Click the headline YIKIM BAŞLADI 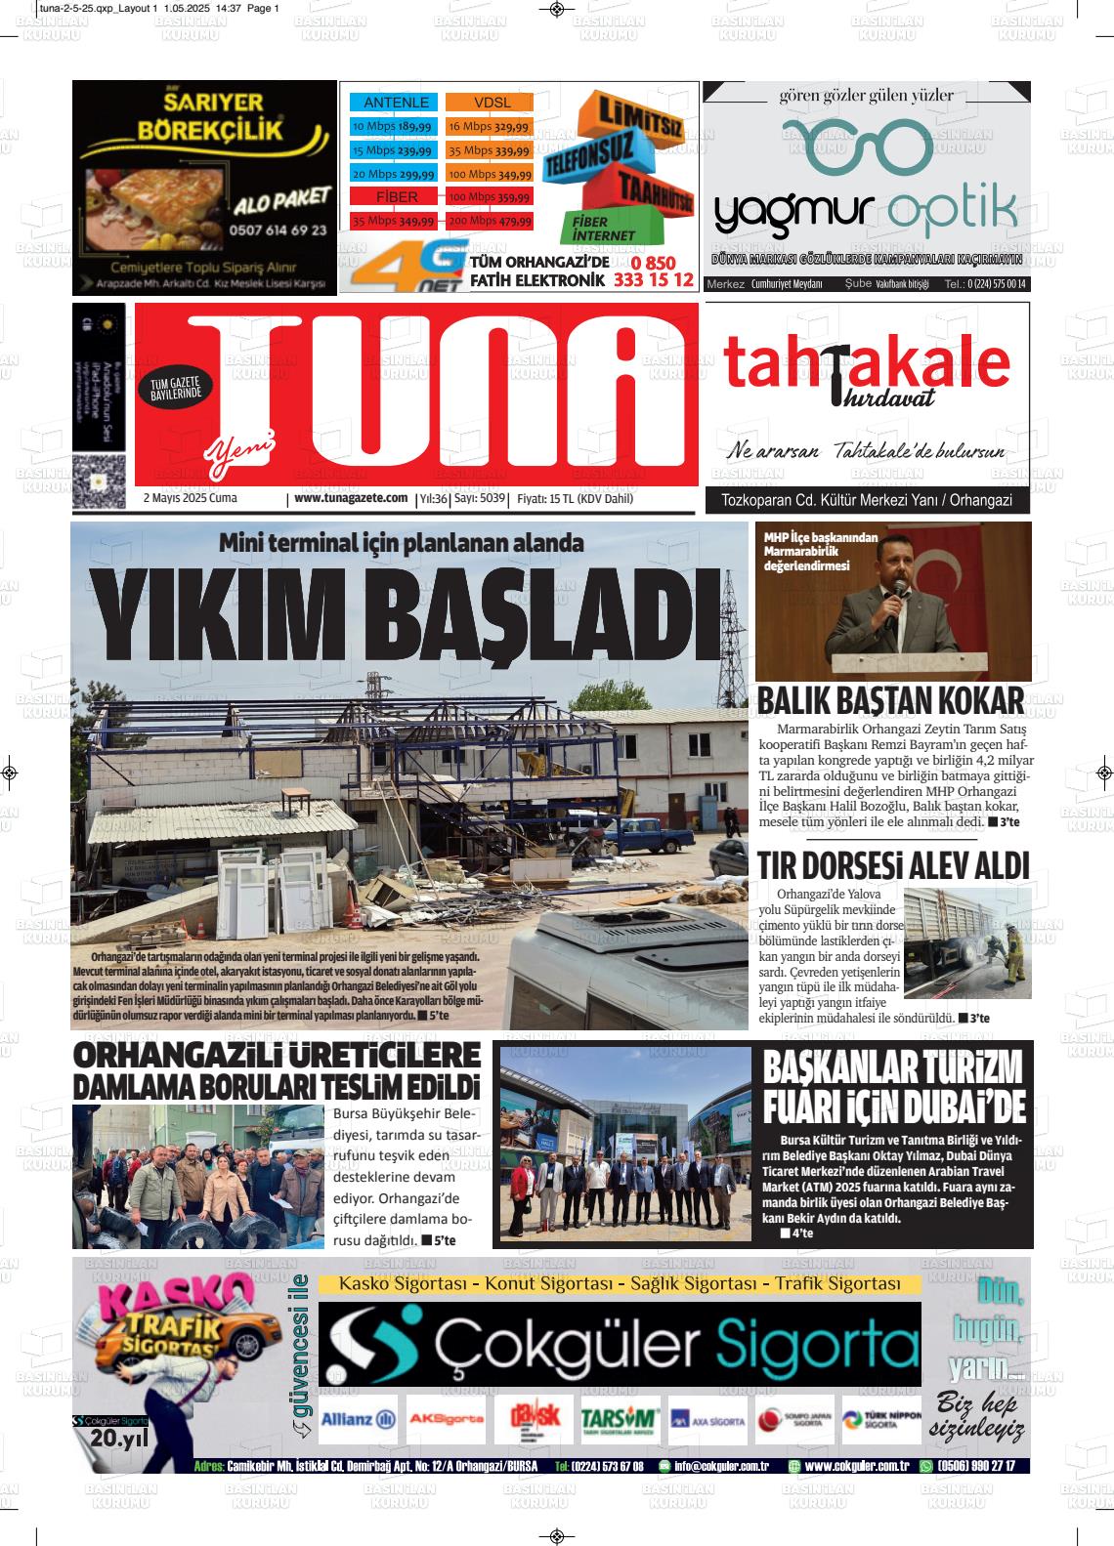[x=406, y=614]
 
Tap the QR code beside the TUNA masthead [x=99, y=481]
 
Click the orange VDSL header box [x=492, y=103]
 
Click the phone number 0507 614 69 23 [x=278, y=231]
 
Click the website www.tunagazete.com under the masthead [x=350, y=498]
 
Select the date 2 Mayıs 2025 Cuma [x=190, y=498]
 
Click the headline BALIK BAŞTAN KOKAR [x=890, y=700]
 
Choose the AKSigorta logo [x=446, y=1419]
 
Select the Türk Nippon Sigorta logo [x=880, y=1419]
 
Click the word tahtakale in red [x=866, y=363]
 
